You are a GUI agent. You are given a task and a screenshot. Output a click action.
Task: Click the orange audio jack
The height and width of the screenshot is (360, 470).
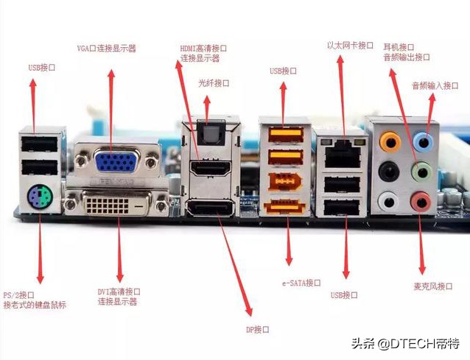[x=387, y=141]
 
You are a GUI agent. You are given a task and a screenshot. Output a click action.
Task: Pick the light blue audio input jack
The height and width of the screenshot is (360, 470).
[x=422, y=140]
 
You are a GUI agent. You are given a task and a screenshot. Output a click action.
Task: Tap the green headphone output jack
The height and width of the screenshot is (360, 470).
[x=421, y=172]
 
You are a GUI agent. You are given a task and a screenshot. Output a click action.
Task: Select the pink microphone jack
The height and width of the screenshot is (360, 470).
[x=421, y=200]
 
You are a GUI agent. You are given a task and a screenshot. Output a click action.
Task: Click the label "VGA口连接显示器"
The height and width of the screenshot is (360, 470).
[x=107, y=49]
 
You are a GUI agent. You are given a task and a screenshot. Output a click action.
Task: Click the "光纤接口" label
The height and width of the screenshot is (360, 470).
[x=214, y=83]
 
